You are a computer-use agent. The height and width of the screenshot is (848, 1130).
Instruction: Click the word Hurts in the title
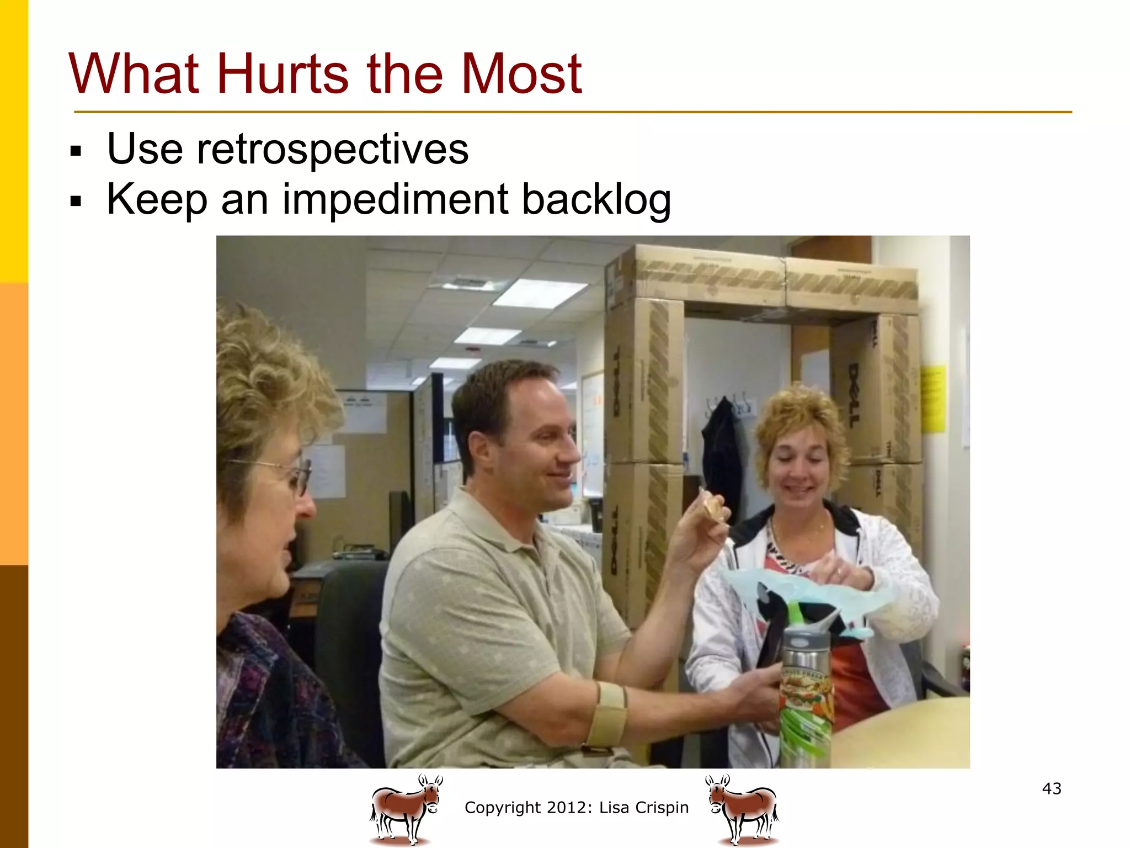282,74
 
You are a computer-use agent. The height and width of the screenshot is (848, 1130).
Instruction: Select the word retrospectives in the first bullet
333,150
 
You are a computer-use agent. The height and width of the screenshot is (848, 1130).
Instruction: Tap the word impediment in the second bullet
395,200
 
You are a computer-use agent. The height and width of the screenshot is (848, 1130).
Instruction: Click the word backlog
596,200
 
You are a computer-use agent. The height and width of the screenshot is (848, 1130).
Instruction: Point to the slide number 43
1052,788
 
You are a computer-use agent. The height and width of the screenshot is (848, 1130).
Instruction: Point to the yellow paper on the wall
933,397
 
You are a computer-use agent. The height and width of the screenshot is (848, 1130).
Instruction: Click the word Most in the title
521,74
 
